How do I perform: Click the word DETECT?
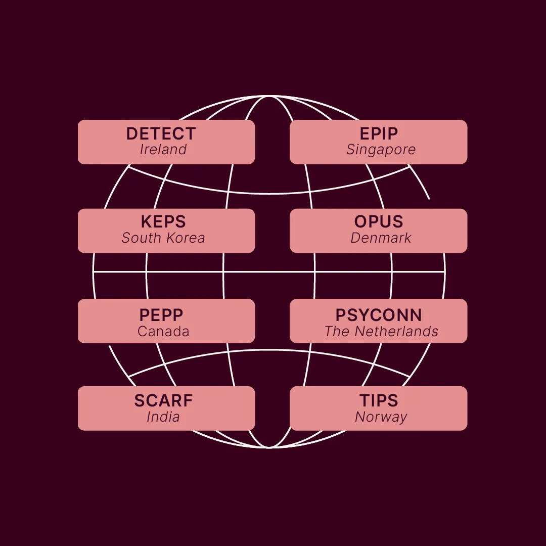(x=161, y=133)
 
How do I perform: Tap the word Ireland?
(x=163, y=149)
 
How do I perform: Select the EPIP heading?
(x=379, y=133)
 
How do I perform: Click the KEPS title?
(x=163, y=221)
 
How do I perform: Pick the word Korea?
(x=185, y=238)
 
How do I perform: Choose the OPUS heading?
(x=379, y=221)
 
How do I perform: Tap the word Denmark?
(x=381, y=238)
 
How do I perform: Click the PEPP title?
(x=161, y=315)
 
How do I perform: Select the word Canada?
(x=163, y=332)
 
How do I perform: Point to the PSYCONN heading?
(x=379, y=315)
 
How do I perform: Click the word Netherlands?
(x=396, y=332)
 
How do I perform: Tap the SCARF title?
(x=163, y=400)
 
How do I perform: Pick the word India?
(x=163, y=417)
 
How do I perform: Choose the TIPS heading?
(x=379, y=400)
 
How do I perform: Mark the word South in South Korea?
(x=142, y=238)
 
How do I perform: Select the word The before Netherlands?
(x=337, y=332)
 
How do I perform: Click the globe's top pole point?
(x=269, y=96)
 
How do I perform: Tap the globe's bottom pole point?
(x=269, y=447)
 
